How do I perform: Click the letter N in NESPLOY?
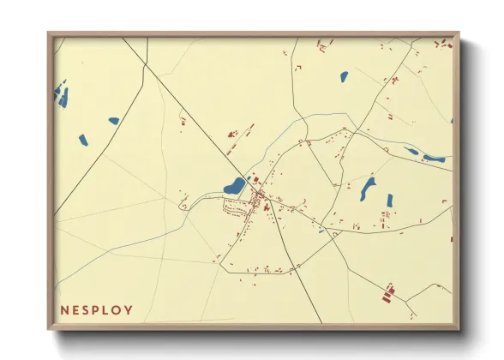click(x=65, y=309)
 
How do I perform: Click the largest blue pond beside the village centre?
click(x=233, y=186)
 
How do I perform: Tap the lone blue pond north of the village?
click(x=344, y=76)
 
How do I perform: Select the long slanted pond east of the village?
click(x=369, y=188)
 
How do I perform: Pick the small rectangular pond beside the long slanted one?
click(x=389, y=201)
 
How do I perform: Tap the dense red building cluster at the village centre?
click(x=258, y=201)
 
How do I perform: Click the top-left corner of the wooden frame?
click(x=49, y=34)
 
